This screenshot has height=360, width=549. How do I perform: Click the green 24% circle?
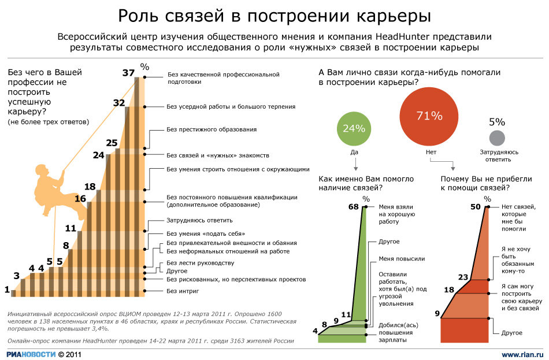coord(354,128)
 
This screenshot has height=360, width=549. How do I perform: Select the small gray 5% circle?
coord(497,139)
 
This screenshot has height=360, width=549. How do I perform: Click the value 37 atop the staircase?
coord(129,73)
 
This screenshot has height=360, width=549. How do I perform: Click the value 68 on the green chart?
coord(354,207)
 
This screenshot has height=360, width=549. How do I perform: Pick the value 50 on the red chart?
coord(476,207)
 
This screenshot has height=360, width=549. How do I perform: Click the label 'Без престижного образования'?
coord(212,129)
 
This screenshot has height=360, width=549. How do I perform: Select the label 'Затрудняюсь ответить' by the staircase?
coord(199,220)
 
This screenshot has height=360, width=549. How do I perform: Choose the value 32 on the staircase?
coord(119,103)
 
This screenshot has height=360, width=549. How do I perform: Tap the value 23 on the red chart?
coord(462,277)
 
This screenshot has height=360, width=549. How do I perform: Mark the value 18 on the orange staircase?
coord(90,187)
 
